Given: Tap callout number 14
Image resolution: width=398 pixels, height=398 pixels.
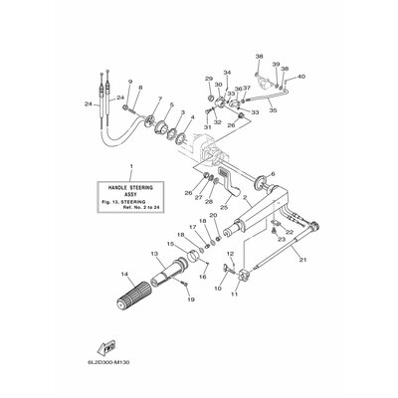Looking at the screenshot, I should [x=124, y=274].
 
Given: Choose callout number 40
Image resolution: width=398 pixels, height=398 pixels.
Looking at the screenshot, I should [x=301, y=77].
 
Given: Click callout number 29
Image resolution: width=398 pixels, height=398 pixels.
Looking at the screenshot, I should [x=209, y=78].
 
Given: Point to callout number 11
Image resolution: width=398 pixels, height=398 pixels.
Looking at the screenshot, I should [x=235, y=294].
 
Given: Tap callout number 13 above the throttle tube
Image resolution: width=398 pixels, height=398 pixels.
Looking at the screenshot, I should [x=155, y=254].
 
